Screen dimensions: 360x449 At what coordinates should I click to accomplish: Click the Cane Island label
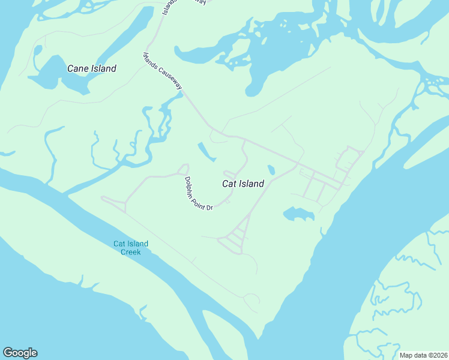coord(91,68)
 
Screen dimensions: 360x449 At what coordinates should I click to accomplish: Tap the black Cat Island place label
coord(243,184)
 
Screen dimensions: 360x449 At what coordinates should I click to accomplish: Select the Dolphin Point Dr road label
coord(199,193)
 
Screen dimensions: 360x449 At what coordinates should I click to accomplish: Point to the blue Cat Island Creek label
coord(131,248)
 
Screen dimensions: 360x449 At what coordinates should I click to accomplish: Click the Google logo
coord(20,353)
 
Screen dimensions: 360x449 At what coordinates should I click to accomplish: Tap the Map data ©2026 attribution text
coord(424,355)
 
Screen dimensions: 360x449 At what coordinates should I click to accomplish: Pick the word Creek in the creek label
coord(131,252)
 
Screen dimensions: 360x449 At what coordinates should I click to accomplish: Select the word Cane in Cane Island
coord(77,68)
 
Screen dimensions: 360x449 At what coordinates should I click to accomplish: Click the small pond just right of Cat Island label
coord(271,170)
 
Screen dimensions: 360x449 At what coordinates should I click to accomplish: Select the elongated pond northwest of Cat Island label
coord(206,151)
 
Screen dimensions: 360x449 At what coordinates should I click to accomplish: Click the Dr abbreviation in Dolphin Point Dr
coord(210,207)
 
